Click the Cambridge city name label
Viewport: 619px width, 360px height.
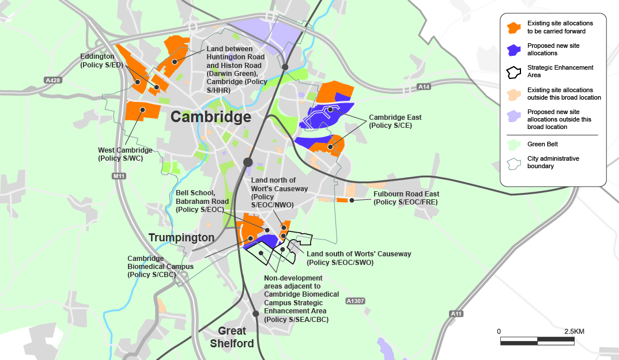[x=211, y=118]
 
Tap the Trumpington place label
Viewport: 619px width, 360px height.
[x=182, y=237]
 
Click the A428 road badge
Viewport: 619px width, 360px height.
[x=52, y=81]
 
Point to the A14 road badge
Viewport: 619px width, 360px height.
[x=424, y=87]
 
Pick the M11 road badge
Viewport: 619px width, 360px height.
[x=119, y=176]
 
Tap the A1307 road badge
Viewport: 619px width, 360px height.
[x=356, y=301]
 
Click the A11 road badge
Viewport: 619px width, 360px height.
[x=456, y=313]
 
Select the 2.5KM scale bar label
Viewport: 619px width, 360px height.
[x=574, y=331]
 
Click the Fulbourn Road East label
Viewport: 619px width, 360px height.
[x=406, y=198]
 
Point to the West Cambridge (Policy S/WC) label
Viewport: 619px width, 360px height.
[x=125, y=154]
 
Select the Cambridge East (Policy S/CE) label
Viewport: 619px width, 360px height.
[x=395, y=121]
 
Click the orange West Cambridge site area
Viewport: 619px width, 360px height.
[x=142, y=110]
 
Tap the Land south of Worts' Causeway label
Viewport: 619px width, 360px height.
[x=358, y=258]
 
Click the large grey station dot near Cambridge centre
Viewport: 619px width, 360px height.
[x=248, y=162]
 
